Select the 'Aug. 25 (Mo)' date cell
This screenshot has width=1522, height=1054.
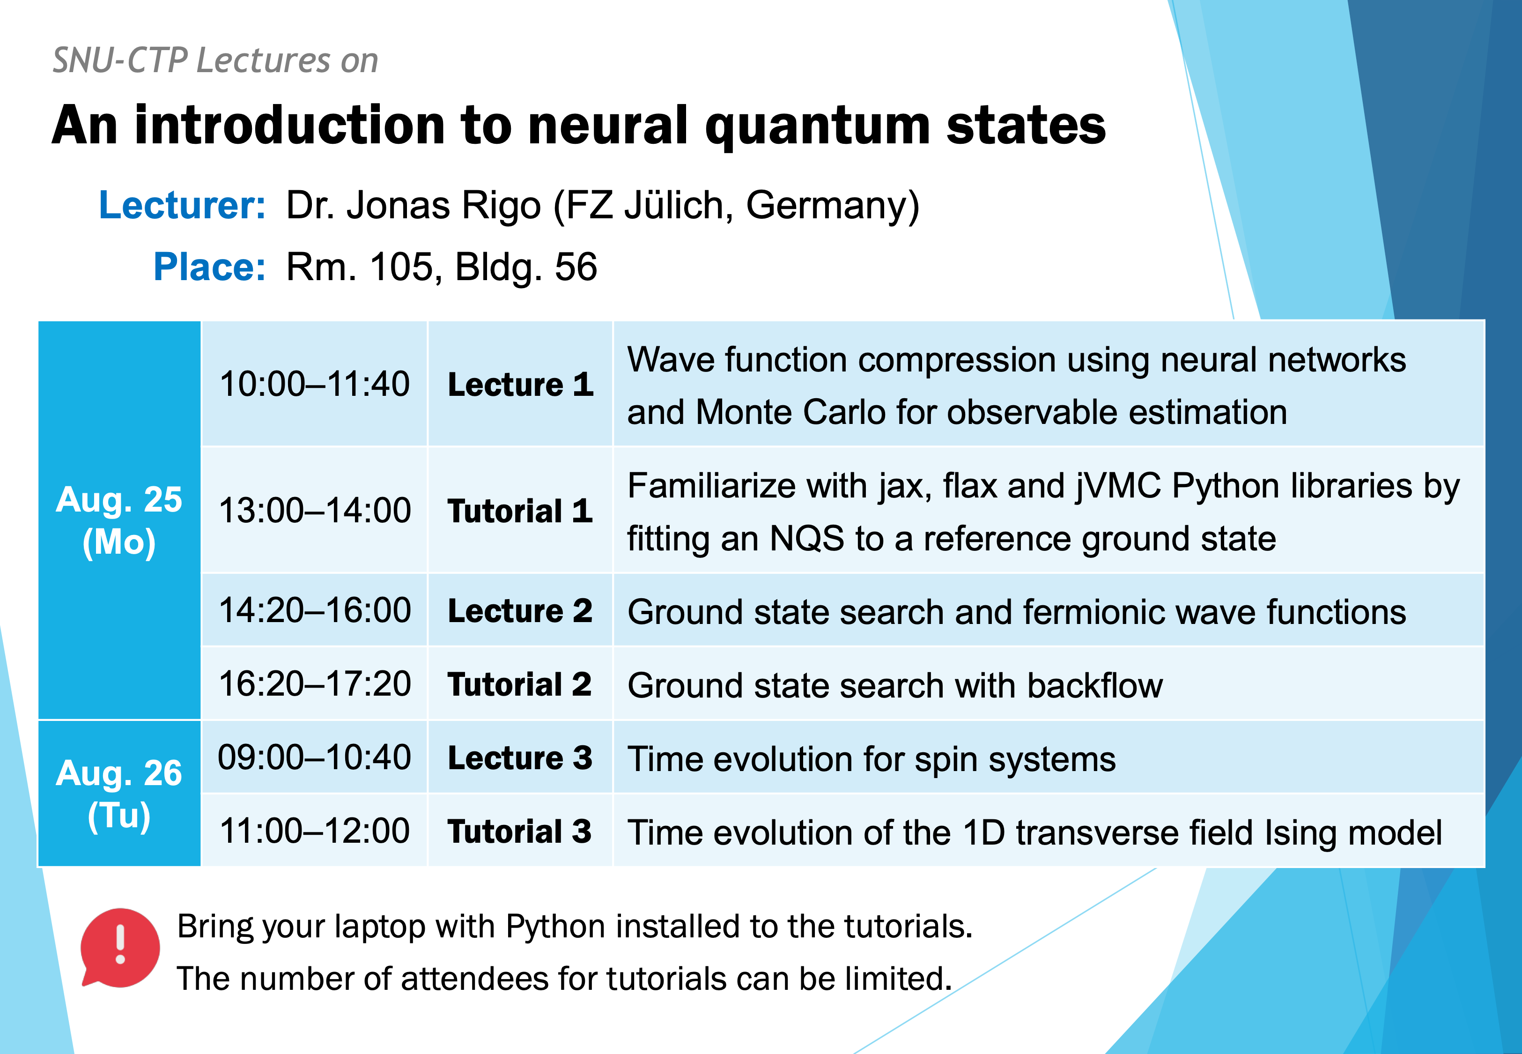119,520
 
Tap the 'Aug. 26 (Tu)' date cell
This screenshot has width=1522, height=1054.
119,793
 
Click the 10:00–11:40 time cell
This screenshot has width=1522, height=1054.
315,384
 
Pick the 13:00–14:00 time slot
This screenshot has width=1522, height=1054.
315,511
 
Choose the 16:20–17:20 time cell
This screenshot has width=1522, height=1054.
315,683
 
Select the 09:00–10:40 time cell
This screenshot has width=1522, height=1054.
315,757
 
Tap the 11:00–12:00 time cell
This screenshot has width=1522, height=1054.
315,831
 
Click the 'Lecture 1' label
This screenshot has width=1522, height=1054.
521,384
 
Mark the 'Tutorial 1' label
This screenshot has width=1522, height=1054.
520,511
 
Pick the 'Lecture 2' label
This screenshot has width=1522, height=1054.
520,611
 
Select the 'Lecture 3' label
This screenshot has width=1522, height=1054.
520,757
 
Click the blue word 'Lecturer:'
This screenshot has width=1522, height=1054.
182,205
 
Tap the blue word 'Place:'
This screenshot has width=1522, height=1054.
210,267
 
